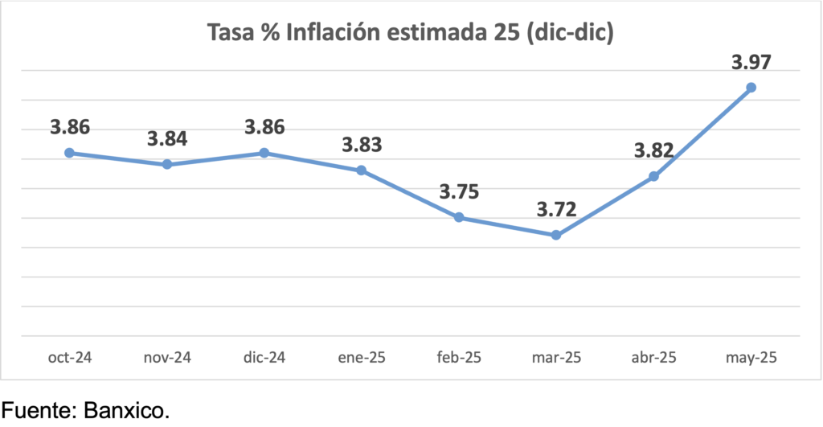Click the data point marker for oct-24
(x=69, y=153)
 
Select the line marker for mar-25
(x=555, y=235)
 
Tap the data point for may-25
(x=751, y=87)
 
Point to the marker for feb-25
(x=459, y=217)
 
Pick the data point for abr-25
(x=653, y=176)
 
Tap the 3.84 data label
(x=167, y=138)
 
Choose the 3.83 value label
(x=362, y=145)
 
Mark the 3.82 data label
(x=653, y=150)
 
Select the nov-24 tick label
(x=166, y=357)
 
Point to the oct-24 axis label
(x=69, y=357)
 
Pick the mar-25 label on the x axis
(x=556, y=357)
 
